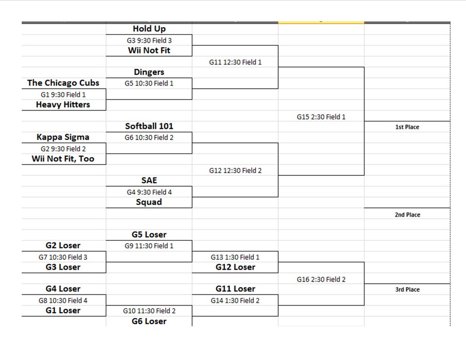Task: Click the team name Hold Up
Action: pyautogui.click(x=149, y=29)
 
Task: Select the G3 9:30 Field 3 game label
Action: pyautogui.click(x=149, y=40)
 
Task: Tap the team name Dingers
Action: pyautogui.click(x=149, y=72)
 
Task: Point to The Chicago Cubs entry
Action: pyautogui.click(x=63, y=83)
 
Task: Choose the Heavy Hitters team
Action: pyautogui.click(x=63, y=104)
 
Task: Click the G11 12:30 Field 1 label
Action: pyautogui.click(x=235, y=62)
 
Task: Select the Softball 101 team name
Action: pyautogui.click(x=149, y=126)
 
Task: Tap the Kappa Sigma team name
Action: pyautogui.click(x=63, y=137)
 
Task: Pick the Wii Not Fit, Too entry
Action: pyautogui.click(x=63, y=159)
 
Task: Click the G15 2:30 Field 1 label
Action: pyautogui.click(x=321, y=117)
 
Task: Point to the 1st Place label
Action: pyautogui.click(x=407, y=127)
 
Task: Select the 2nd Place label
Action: pyautogui.click(x=407, y=215)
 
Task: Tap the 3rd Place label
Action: pyautogui.click(x=407, y=290)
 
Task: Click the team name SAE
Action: pyautogui.click(x=149, y=181)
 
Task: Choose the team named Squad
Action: pyautogui.click(x=149, y=202)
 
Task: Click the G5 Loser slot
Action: pyautogui.click(x=149, y=235)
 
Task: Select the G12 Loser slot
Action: pyautogui.click(x=235, y=267)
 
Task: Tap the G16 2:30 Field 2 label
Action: pyautogui.click(x=321, y=279)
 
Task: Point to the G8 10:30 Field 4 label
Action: pyautogui.click(x=63, y=300)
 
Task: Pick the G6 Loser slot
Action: pyautogui.click(x=149, y=321)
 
